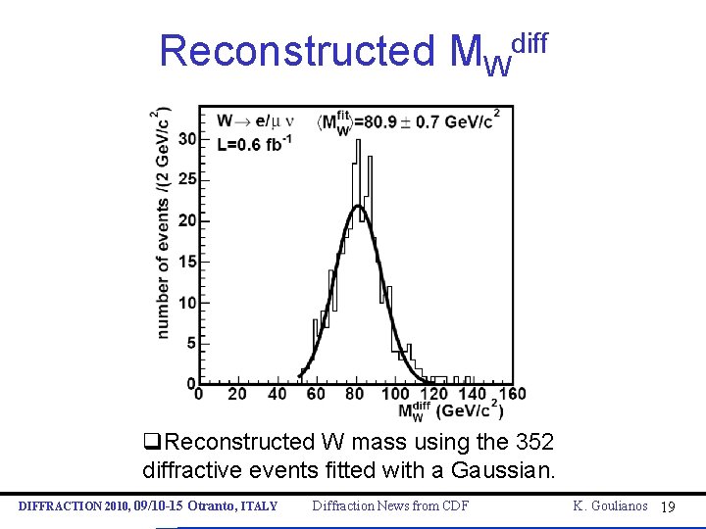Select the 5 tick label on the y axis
coord(190,343)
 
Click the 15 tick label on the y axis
coord(186,262)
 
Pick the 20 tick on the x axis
coord(237,394)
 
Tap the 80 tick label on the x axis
coord(354,394)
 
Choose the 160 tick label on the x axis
coord(511,394)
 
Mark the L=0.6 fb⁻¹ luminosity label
coord(255,144)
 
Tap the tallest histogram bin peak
coord(356,141)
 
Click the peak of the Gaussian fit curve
coord(359,207)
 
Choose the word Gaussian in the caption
coord(503,469)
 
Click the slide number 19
coord(668,506)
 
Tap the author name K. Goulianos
coord(611,505)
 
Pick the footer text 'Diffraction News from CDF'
coord(390,505)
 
